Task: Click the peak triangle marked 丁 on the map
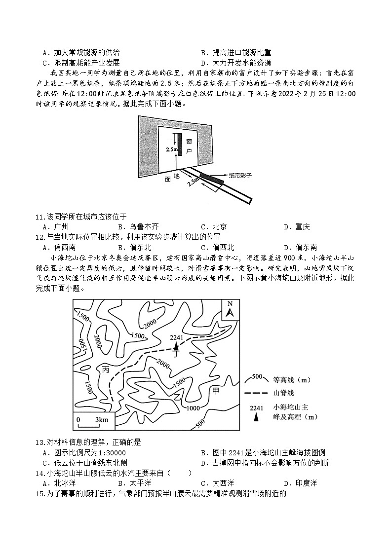point(176,347)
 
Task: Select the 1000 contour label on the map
point(193,407)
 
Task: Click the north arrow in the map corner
point(230,310)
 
